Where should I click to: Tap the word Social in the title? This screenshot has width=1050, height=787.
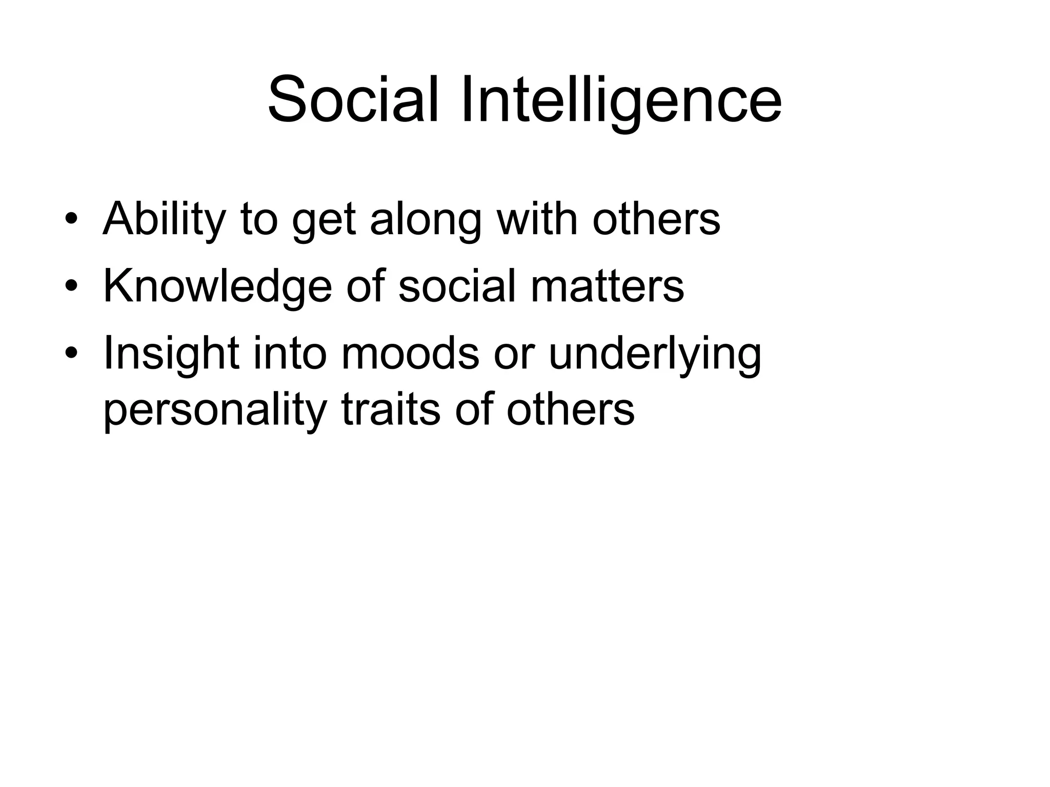pos(353,100)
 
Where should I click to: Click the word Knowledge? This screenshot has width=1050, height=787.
pos(218,287)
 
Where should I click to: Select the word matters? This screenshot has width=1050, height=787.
pos(607,287)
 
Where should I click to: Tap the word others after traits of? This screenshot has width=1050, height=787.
pos(571,410)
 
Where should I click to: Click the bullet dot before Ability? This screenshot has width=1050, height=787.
pos(71,220)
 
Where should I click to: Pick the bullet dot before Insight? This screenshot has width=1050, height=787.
pos(71,353)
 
